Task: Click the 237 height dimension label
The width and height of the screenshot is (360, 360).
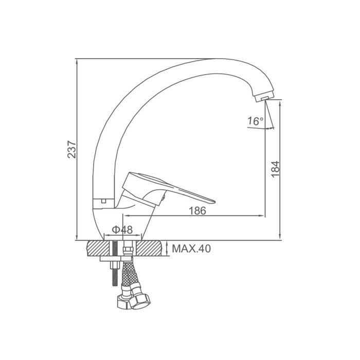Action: (x=72, y=149)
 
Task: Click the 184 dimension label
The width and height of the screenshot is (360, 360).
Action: (x=275, y=169)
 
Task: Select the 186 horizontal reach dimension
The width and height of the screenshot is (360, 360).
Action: (x=197, y=211)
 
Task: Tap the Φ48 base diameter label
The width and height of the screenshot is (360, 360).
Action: (x=122, y=229)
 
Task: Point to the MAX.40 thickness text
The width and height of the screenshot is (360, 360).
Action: (x=191, y=248)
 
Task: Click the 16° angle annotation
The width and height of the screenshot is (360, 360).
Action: (x=255, y=121)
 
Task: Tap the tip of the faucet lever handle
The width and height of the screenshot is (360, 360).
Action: (x=214, y=202)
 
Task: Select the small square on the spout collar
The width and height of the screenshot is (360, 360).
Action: (x=103, y=201)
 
